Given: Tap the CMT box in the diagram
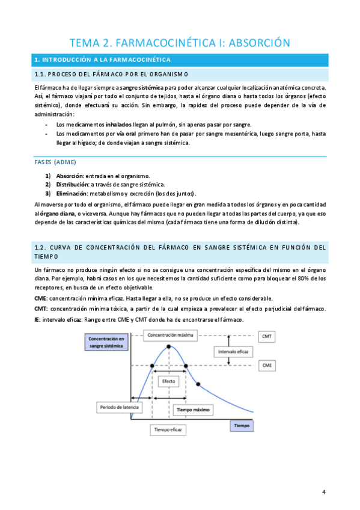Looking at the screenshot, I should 267,336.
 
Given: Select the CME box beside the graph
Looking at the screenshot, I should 267,365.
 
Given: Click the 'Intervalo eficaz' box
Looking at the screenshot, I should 236,351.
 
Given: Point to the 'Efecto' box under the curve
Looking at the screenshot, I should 168,382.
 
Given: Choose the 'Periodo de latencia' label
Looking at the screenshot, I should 119,407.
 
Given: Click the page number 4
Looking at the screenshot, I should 324,492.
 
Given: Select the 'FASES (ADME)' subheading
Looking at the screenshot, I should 56,162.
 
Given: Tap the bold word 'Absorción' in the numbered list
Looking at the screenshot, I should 70,176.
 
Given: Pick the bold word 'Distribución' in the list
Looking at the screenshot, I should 73,185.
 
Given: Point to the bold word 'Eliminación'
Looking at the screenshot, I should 72,194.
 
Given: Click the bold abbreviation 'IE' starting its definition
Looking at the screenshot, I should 38,319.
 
